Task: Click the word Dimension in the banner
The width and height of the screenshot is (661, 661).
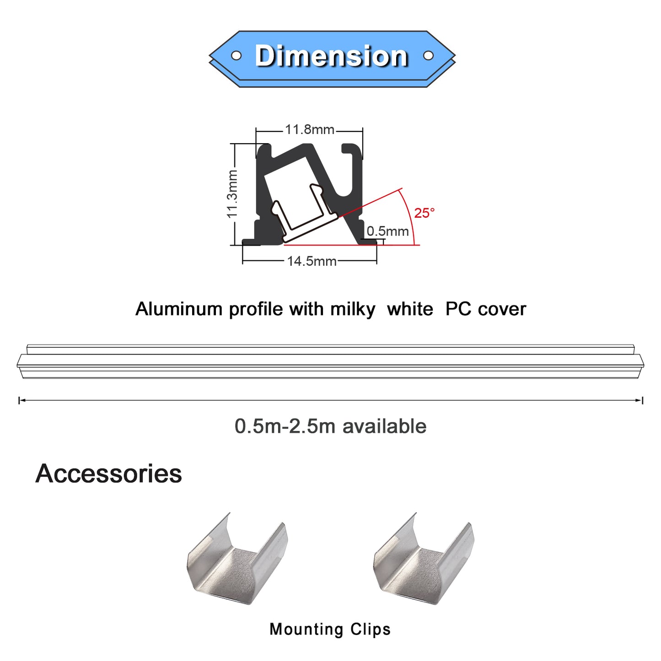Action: [x=331, y=56]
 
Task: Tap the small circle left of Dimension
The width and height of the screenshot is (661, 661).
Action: [x=236, y=55]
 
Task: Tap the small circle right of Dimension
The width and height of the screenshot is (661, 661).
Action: [x=428, y=55]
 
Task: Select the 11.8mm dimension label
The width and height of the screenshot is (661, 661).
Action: [x=310, y=129]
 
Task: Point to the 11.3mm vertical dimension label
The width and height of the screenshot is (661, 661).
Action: [x=232, y=193]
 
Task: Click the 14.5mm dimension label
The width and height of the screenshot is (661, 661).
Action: [x=312, y=261]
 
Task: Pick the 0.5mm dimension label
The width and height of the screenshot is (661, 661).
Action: [x=388, y=231]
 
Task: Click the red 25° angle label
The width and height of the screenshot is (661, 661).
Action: [x=424, y=213]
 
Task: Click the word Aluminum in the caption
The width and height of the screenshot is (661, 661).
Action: [x=179, y=309]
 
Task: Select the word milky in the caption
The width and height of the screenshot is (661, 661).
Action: [x=352, y=309]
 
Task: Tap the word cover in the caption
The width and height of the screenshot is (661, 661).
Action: [x=502, y=309]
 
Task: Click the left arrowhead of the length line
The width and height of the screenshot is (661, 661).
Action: [x=21, y=400]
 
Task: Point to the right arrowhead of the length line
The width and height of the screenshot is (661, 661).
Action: [x=640, y=400]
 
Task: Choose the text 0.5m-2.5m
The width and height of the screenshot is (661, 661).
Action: [x=285, y=426]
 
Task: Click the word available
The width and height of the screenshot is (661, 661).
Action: [x=384, y=426]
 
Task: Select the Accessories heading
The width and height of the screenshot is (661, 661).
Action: [x=109, y=473]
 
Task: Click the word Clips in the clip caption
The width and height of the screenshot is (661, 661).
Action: [x=371, y=629]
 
